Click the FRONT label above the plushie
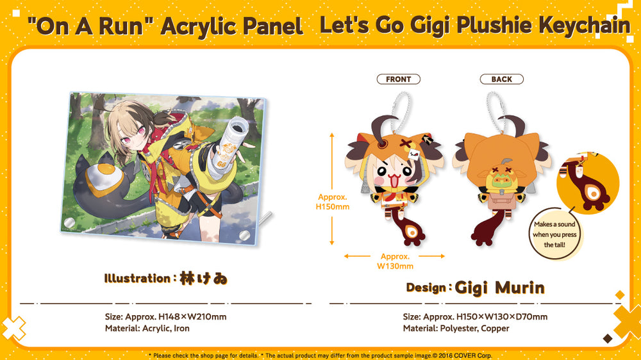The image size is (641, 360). (398, 79)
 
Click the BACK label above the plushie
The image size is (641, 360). (502, 79)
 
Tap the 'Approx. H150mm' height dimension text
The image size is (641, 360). (332, 202)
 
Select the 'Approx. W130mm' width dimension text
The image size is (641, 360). (395, 261)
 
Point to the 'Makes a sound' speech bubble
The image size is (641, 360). (554, 234)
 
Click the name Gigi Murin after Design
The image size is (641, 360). (499, 288)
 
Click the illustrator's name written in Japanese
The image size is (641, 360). (203, 279)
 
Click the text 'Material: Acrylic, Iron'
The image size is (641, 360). (147, 328)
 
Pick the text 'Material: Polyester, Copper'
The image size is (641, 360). (456, 328)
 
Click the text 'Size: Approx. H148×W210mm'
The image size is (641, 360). (165, 316)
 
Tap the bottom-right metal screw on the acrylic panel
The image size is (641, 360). (244, 235)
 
